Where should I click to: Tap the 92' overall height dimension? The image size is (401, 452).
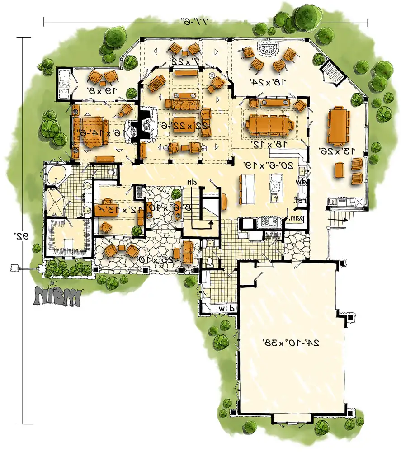coord(20,235)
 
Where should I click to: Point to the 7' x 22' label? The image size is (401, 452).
coord(184,61)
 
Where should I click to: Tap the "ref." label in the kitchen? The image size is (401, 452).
coord(299,199)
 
